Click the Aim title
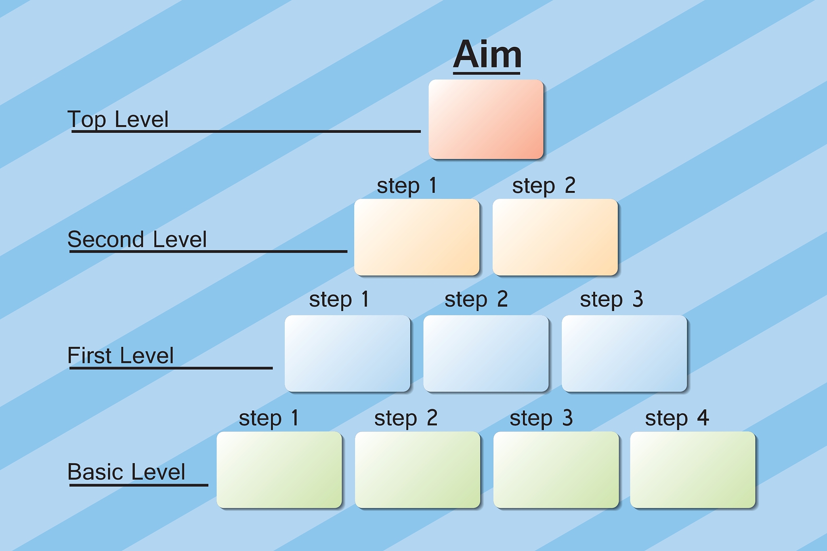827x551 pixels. point(487,55)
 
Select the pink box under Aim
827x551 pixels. point(486,119)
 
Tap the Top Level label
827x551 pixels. point(118,119)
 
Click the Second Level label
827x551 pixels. point(137,239)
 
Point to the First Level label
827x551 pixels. point(120,356)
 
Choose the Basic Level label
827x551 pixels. point(126,472)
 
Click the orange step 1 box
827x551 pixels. point(417,237)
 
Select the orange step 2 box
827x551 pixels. point(555,237)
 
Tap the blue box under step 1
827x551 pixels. point(347,354)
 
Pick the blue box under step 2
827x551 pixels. point(486,354)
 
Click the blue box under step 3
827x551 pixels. point(624,354)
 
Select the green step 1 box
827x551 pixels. point(279,470)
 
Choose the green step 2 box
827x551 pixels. point(418,470)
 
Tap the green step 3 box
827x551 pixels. point(556,470)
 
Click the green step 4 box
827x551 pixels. point(693,470)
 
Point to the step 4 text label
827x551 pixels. point(677,418)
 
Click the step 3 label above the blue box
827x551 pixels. point(611,300)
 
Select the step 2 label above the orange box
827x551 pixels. point(544,186)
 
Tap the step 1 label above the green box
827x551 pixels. point(269,418)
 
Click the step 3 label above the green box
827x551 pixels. point(541,418)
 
